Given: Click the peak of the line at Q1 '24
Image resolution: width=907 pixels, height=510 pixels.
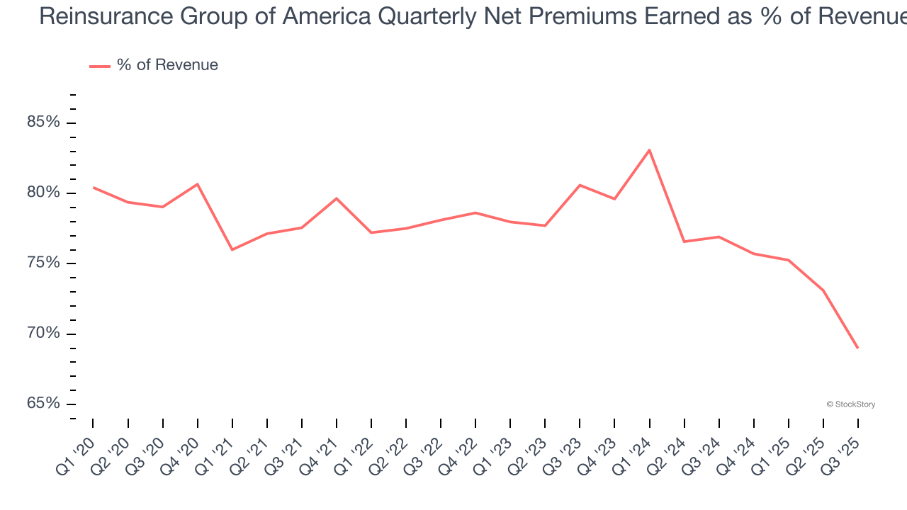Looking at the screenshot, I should (x=649, y=149).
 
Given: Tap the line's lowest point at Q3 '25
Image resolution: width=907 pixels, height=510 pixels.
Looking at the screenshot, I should (x=857, y=348).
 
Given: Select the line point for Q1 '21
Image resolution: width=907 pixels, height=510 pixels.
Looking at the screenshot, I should (x=232, y=249).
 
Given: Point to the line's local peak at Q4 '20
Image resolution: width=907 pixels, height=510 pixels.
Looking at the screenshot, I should (x=197, y=184).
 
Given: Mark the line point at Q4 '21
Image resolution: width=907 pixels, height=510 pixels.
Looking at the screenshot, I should (x=336, y=198).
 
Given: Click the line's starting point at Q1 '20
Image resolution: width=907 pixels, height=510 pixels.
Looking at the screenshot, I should (x=93, y=188).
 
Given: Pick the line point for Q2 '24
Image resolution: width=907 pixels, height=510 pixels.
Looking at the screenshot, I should (x=684, y=242).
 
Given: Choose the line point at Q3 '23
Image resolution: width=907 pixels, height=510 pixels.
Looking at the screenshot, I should (x=580, y=185).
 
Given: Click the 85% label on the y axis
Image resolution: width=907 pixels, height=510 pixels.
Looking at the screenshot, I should (x=43, y=123).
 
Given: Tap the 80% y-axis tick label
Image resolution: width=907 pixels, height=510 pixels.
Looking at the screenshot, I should (x=43, y=193).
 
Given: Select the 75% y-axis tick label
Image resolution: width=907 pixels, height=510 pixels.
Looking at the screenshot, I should (x=43, y=263).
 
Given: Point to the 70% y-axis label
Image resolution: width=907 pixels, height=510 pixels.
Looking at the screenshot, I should (x=43, y=333).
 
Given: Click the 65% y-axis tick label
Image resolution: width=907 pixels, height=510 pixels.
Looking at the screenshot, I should (x=43, y=403).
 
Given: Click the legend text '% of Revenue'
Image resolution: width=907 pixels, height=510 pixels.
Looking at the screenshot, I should (x=167, y=65).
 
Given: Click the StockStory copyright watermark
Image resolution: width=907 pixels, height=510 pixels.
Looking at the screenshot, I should (x=850, y=404).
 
